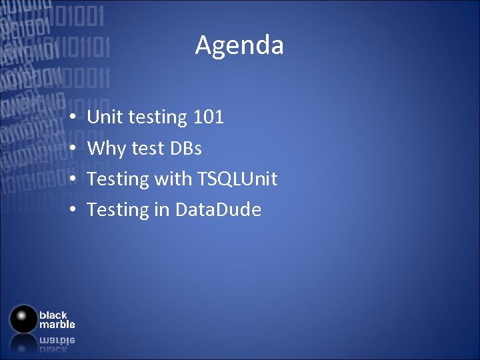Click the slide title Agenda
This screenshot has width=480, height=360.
pyautogui.click(x=239, y=45)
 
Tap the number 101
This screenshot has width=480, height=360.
pyautogui.click(x=208, y=117)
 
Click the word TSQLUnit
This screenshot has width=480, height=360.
pyautogui.click(x=237, y=179)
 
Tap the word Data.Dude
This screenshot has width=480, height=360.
pyautogui.click(x=218, y=209)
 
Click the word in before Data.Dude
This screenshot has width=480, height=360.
pyautogui.click(x=162, y=209)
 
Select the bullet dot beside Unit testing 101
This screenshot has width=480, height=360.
pyautogui.click(x=71, y=118)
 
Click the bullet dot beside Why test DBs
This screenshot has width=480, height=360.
pyautogui.click(x=71, y=149)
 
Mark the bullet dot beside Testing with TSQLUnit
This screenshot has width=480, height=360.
pyautogui.click(x=71, y=179)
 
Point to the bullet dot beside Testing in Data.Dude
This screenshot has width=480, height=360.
pyautogui.click(x=71, y=210)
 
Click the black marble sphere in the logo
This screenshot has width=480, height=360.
pyautogui.click(x=24, y=319)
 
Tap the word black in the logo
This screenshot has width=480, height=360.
pyautogui.click(x=53, y=315)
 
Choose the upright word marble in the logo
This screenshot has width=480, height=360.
pyautogui.click(x=57, y=325)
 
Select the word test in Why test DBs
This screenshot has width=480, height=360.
pyautogui.click(x=147, y=148)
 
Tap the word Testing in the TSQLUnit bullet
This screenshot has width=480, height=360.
pyautogui.click(x=118, y=179)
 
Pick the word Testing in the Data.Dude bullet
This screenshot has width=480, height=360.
pyautogui.click(x=118, y=210)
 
